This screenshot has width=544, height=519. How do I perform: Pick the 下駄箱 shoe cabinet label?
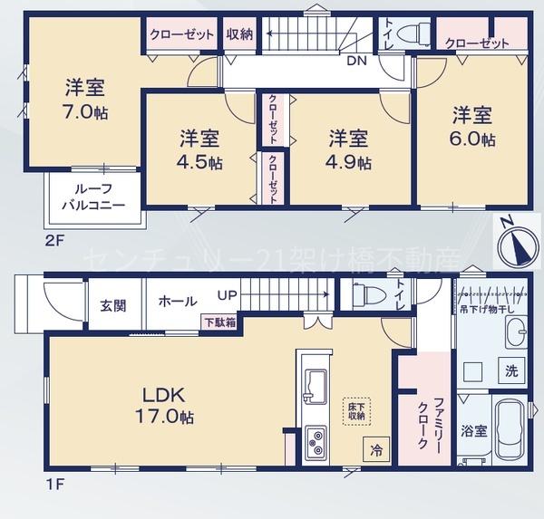tap(218, 322)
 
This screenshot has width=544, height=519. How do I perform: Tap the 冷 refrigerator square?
tap(375, 447)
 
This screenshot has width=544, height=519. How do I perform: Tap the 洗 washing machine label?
tap(510, 370)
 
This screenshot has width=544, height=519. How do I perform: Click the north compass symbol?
tap(514, 235)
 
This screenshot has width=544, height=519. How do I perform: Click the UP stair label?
tap(228, 294)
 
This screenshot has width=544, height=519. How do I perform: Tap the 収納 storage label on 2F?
tap(239, 34)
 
